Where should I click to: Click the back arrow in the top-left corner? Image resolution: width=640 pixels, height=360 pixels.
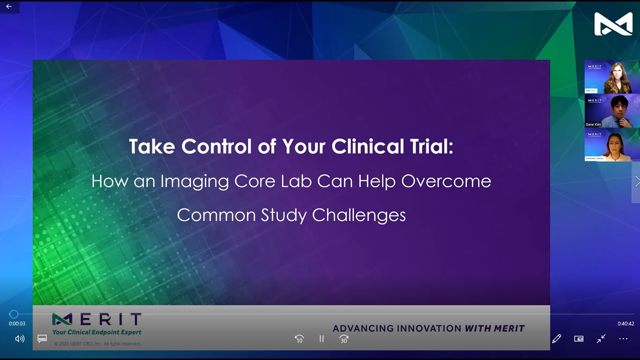[8, 6]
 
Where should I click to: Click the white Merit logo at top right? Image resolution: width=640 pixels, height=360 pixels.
[613, 24]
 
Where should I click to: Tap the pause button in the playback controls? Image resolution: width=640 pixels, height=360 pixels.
[321, 339]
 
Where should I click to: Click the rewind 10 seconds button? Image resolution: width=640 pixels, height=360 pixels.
[299, 339]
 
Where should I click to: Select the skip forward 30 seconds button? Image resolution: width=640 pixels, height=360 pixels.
[344, 339]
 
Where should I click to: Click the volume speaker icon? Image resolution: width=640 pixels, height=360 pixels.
[20, 339]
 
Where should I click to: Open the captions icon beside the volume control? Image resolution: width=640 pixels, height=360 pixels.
[42, 339]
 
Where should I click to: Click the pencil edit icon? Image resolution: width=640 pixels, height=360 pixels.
[556, 339]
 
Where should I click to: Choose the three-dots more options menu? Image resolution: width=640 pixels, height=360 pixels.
[623, 339]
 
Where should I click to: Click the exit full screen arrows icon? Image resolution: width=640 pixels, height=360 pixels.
[601, 339]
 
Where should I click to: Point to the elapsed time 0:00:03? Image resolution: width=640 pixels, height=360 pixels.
[17, 323]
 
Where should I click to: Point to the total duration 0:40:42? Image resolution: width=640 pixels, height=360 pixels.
[625, 323]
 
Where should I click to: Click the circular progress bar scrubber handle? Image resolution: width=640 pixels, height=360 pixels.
[14, 314]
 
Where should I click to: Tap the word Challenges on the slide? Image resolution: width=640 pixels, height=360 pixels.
[358, 215]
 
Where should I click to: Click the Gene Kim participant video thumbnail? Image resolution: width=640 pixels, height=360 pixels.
[612, 111]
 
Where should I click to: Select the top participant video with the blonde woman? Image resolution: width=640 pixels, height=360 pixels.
[612, 77]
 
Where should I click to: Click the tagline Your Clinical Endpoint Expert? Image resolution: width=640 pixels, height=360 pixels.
[97, 332]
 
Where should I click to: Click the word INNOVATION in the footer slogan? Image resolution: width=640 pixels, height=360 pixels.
[429, 328]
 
